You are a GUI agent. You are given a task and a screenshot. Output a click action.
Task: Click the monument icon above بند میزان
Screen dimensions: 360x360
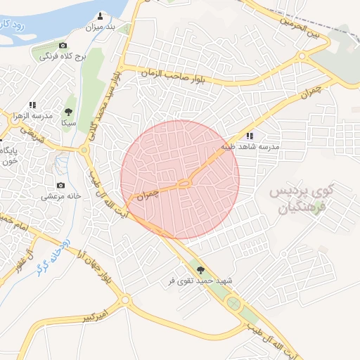tap(101, 15)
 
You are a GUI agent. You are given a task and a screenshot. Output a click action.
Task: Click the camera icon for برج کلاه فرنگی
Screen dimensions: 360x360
tap(62, 46)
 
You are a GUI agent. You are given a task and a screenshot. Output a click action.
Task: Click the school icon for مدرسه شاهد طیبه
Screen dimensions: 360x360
tap(250, 136)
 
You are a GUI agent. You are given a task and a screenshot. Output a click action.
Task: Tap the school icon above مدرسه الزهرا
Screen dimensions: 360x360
tap(32, 105)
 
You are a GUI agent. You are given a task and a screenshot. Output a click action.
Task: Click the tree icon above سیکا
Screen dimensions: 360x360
tap(68, 112)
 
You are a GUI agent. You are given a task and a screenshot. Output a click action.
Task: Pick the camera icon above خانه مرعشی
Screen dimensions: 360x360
tap(61, 186)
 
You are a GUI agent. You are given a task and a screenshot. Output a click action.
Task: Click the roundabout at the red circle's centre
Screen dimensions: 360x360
tap(184, 184)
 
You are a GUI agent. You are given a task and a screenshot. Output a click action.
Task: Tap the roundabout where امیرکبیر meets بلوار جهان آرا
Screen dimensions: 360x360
tap(126, 300)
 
